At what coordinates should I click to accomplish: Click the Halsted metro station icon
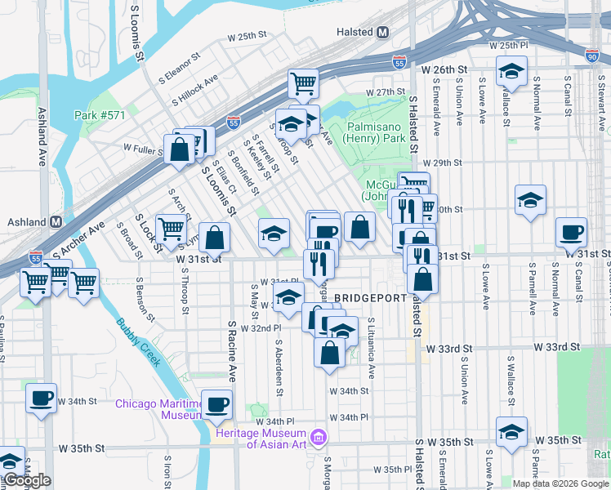381,32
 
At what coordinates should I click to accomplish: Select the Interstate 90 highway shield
591,56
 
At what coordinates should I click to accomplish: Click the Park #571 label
100,115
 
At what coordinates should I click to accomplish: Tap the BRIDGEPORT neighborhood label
370,298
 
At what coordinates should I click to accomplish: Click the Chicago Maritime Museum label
158,409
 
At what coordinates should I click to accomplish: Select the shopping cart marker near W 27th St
302,82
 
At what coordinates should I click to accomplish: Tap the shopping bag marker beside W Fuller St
179,149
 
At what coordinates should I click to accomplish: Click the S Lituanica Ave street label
371,349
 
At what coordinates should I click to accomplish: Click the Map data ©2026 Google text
560,483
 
